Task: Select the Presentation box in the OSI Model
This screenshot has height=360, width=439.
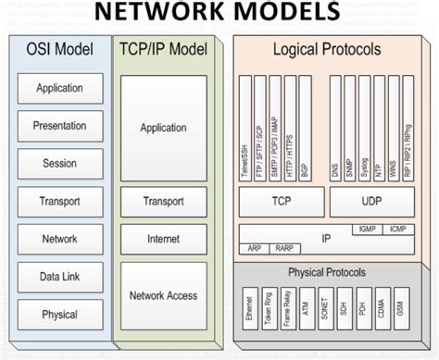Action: pyautogui.click(x=60, y=126)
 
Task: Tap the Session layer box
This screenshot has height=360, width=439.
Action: pyautogui.click(x=60, y=164)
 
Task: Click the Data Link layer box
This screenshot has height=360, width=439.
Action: pyautogui.click(x=60, y=277)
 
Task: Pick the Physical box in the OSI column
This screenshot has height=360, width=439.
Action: pyautogui.click(x=60, y=314)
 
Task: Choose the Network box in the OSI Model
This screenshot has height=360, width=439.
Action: pyautogui.click(x=60, y=239)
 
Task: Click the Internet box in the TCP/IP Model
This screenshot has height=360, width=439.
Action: pyautogui.click(x=163, y=239)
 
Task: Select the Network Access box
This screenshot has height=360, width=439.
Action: pyautogui.click(x=163, y=295)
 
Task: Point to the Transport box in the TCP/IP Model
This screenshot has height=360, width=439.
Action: pyautogui.click(x=163, y=201)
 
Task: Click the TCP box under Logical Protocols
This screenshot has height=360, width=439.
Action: pyautogui.click(x=280, y=200)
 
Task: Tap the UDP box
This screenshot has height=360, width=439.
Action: pyautogui.click(x=370, y=200)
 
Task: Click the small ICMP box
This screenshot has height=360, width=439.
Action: pyautogui.click(x=396, y=228)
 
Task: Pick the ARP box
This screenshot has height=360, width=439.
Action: pyautogui.click(x=254, y=248)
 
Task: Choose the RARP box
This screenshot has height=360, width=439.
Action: pyautogui.click(x=282, y=248)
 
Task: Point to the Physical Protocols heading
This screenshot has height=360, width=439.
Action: pyautogui.click(x=326, y=272)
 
